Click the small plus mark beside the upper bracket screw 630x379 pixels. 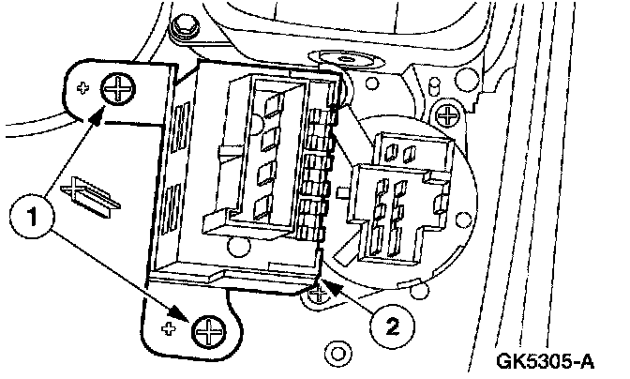(83, 89)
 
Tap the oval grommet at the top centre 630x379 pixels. (355, 59)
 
